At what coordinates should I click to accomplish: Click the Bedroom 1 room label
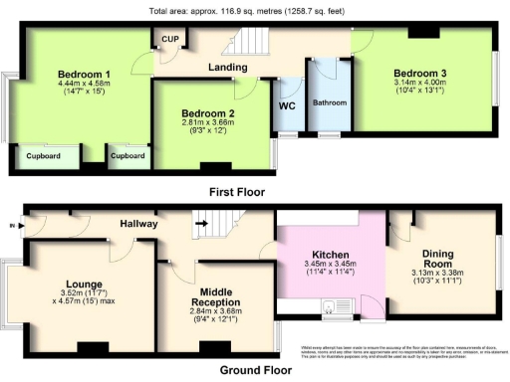click(x=83, y=74)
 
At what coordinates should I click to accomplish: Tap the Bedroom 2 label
click(x=207, y=113)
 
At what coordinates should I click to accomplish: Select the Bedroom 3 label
click(x=419, y=73)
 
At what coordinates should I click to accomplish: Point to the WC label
click(x=289, y=105)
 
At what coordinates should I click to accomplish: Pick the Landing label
click(x=227, y=67)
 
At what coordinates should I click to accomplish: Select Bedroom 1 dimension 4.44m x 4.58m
click(x=83, y=85)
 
